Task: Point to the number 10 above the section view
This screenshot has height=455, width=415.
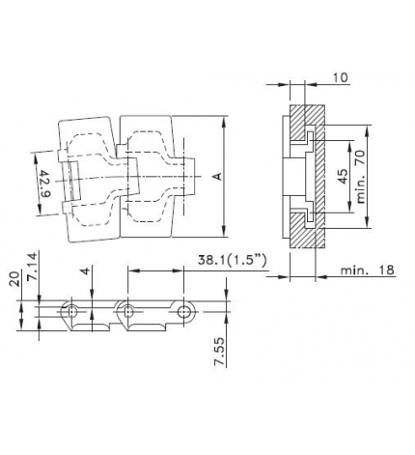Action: click(340, 75)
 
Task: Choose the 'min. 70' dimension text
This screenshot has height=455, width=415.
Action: click(360, 176)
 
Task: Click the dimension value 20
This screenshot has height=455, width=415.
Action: click(14, 280)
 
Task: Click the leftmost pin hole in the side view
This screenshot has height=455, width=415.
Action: click(70, 311)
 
